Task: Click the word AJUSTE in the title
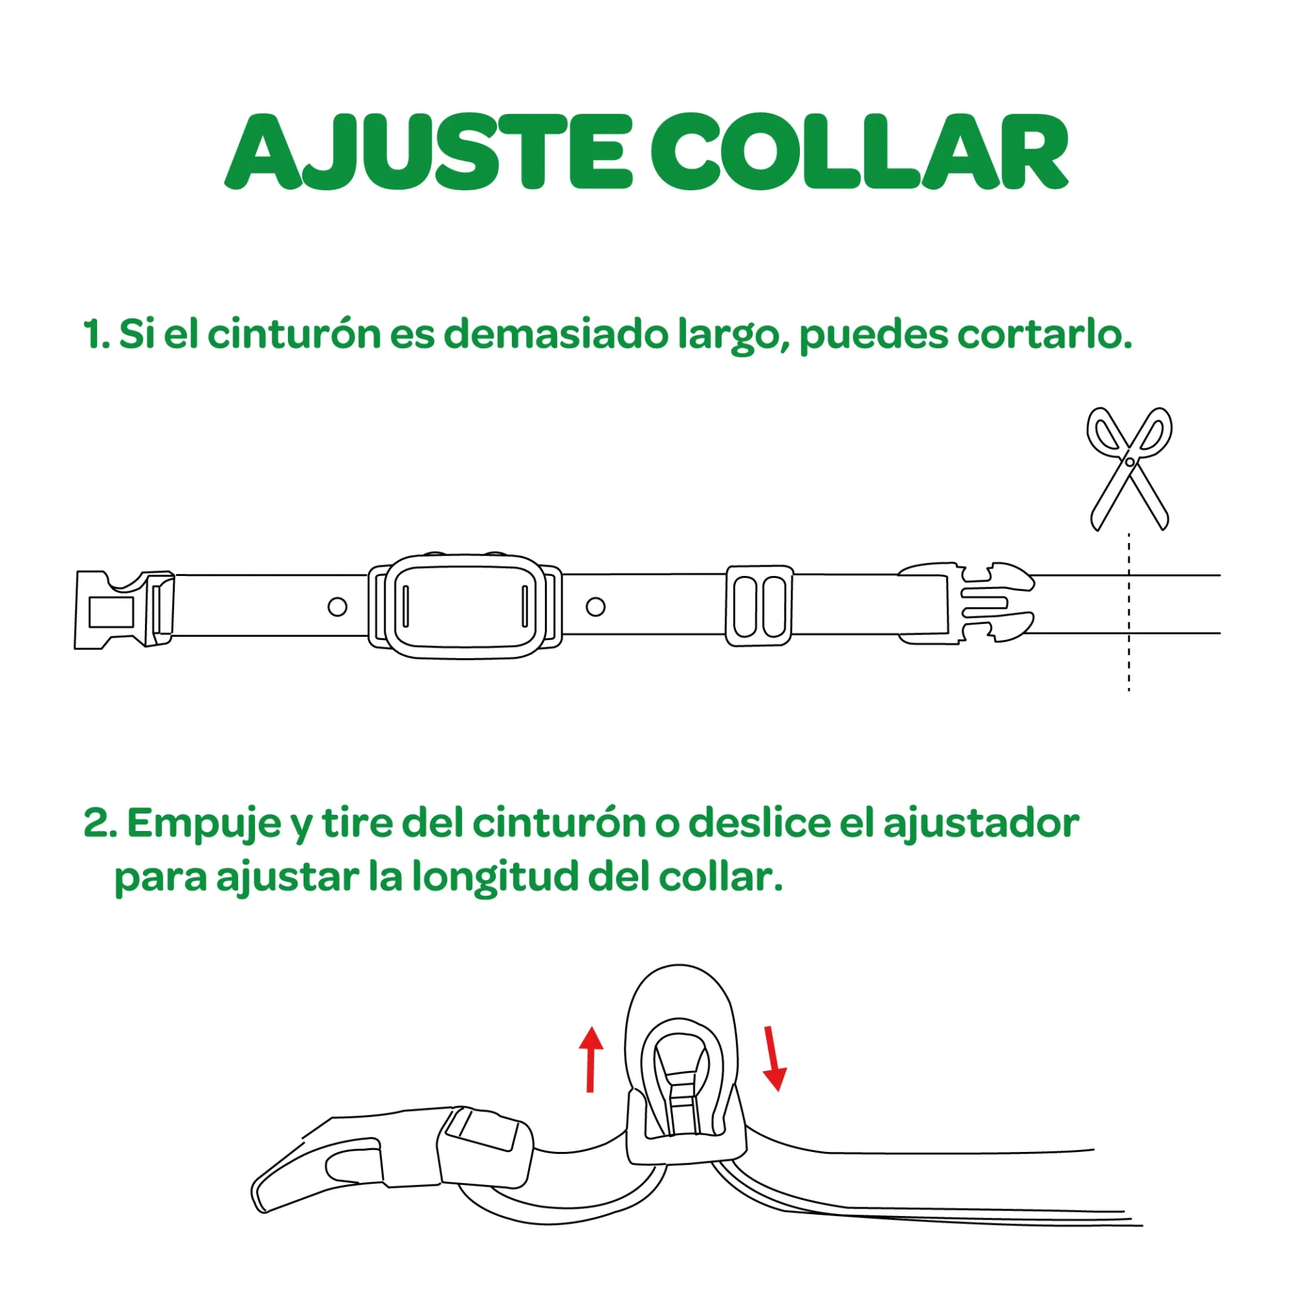(428, 152)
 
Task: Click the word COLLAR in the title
(859, 152)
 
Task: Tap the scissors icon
(1129, 467)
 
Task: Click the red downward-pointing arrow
(773, 1058)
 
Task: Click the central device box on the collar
(465, 605)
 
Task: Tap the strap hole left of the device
(337, 606)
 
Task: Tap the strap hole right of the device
(596, 606)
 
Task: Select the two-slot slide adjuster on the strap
(759, 606)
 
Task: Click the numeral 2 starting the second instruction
(96, 824)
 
